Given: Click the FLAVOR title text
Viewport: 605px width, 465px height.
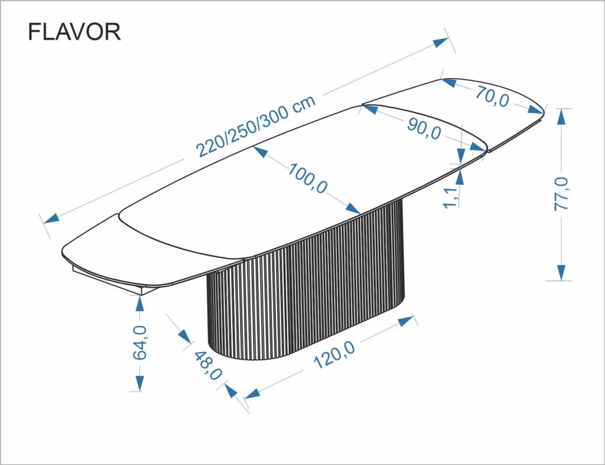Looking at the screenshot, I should pos(74,32).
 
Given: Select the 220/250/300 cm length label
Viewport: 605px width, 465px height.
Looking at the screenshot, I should pos(255,126).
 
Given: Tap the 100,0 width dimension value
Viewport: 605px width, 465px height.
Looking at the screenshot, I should pos(308,178).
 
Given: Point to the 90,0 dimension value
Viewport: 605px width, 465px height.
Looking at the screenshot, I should pos(424,128).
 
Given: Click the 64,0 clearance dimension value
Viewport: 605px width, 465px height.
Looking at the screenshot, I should pos(140,343).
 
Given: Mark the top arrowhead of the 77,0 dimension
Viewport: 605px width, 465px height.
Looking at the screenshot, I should pos(561,116).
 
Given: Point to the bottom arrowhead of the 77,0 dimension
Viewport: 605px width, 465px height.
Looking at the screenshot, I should pos(561,272).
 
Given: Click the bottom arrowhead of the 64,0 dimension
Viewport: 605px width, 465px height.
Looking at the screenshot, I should pos(139,383).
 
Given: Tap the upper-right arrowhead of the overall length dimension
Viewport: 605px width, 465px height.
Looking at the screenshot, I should pos(440,42).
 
